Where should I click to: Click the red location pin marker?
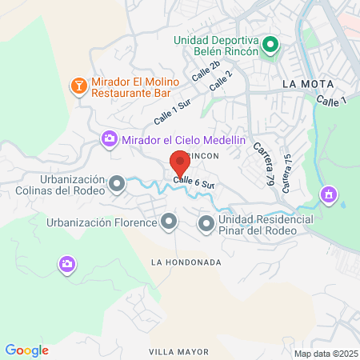click(x=180, y=164)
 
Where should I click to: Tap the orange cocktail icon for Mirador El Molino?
click(x=79, y=85)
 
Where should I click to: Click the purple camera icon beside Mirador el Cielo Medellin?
click(x=109, y=140)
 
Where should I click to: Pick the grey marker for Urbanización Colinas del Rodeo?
click(x=118, y=186)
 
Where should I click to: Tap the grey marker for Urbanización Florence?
click(x=168, y=222)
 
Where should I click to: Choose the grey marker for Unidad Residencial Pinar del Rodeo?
click(x=206, y=223)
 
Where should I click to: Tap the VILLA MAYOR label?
click(x=178, y=351)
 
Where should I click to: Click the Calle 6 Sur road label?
click(x=194, y=183)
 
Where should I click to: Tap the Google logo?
click(x=26, y=350)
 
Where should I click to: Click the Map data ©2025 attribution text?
click(x=325, y=354)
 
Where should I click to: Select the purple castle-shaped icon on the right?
click(x=328, y=194)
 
